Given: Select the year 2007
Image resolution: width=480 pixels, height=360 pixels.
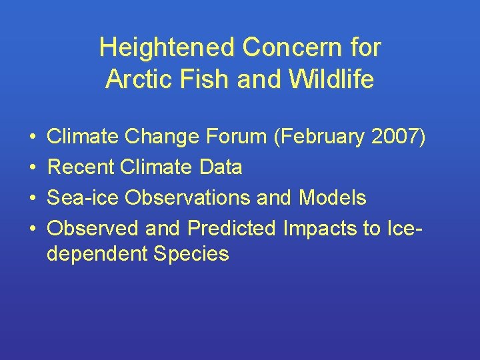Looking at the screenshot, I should (x=395, y=137).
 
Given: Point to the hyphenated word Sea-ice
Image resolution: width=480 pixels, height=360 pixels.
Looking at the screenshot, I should (x=83, y=198).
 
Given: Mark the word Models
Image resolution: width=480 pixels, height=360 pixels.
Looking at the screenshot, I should (x=333, y=198).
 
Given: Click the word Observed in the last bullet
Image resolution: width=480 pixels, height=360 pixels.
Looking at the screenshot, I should (x=93, y=229).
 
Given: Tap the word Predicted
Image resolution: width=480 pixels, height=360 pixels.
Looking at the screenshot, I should (x=231, y=229).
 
